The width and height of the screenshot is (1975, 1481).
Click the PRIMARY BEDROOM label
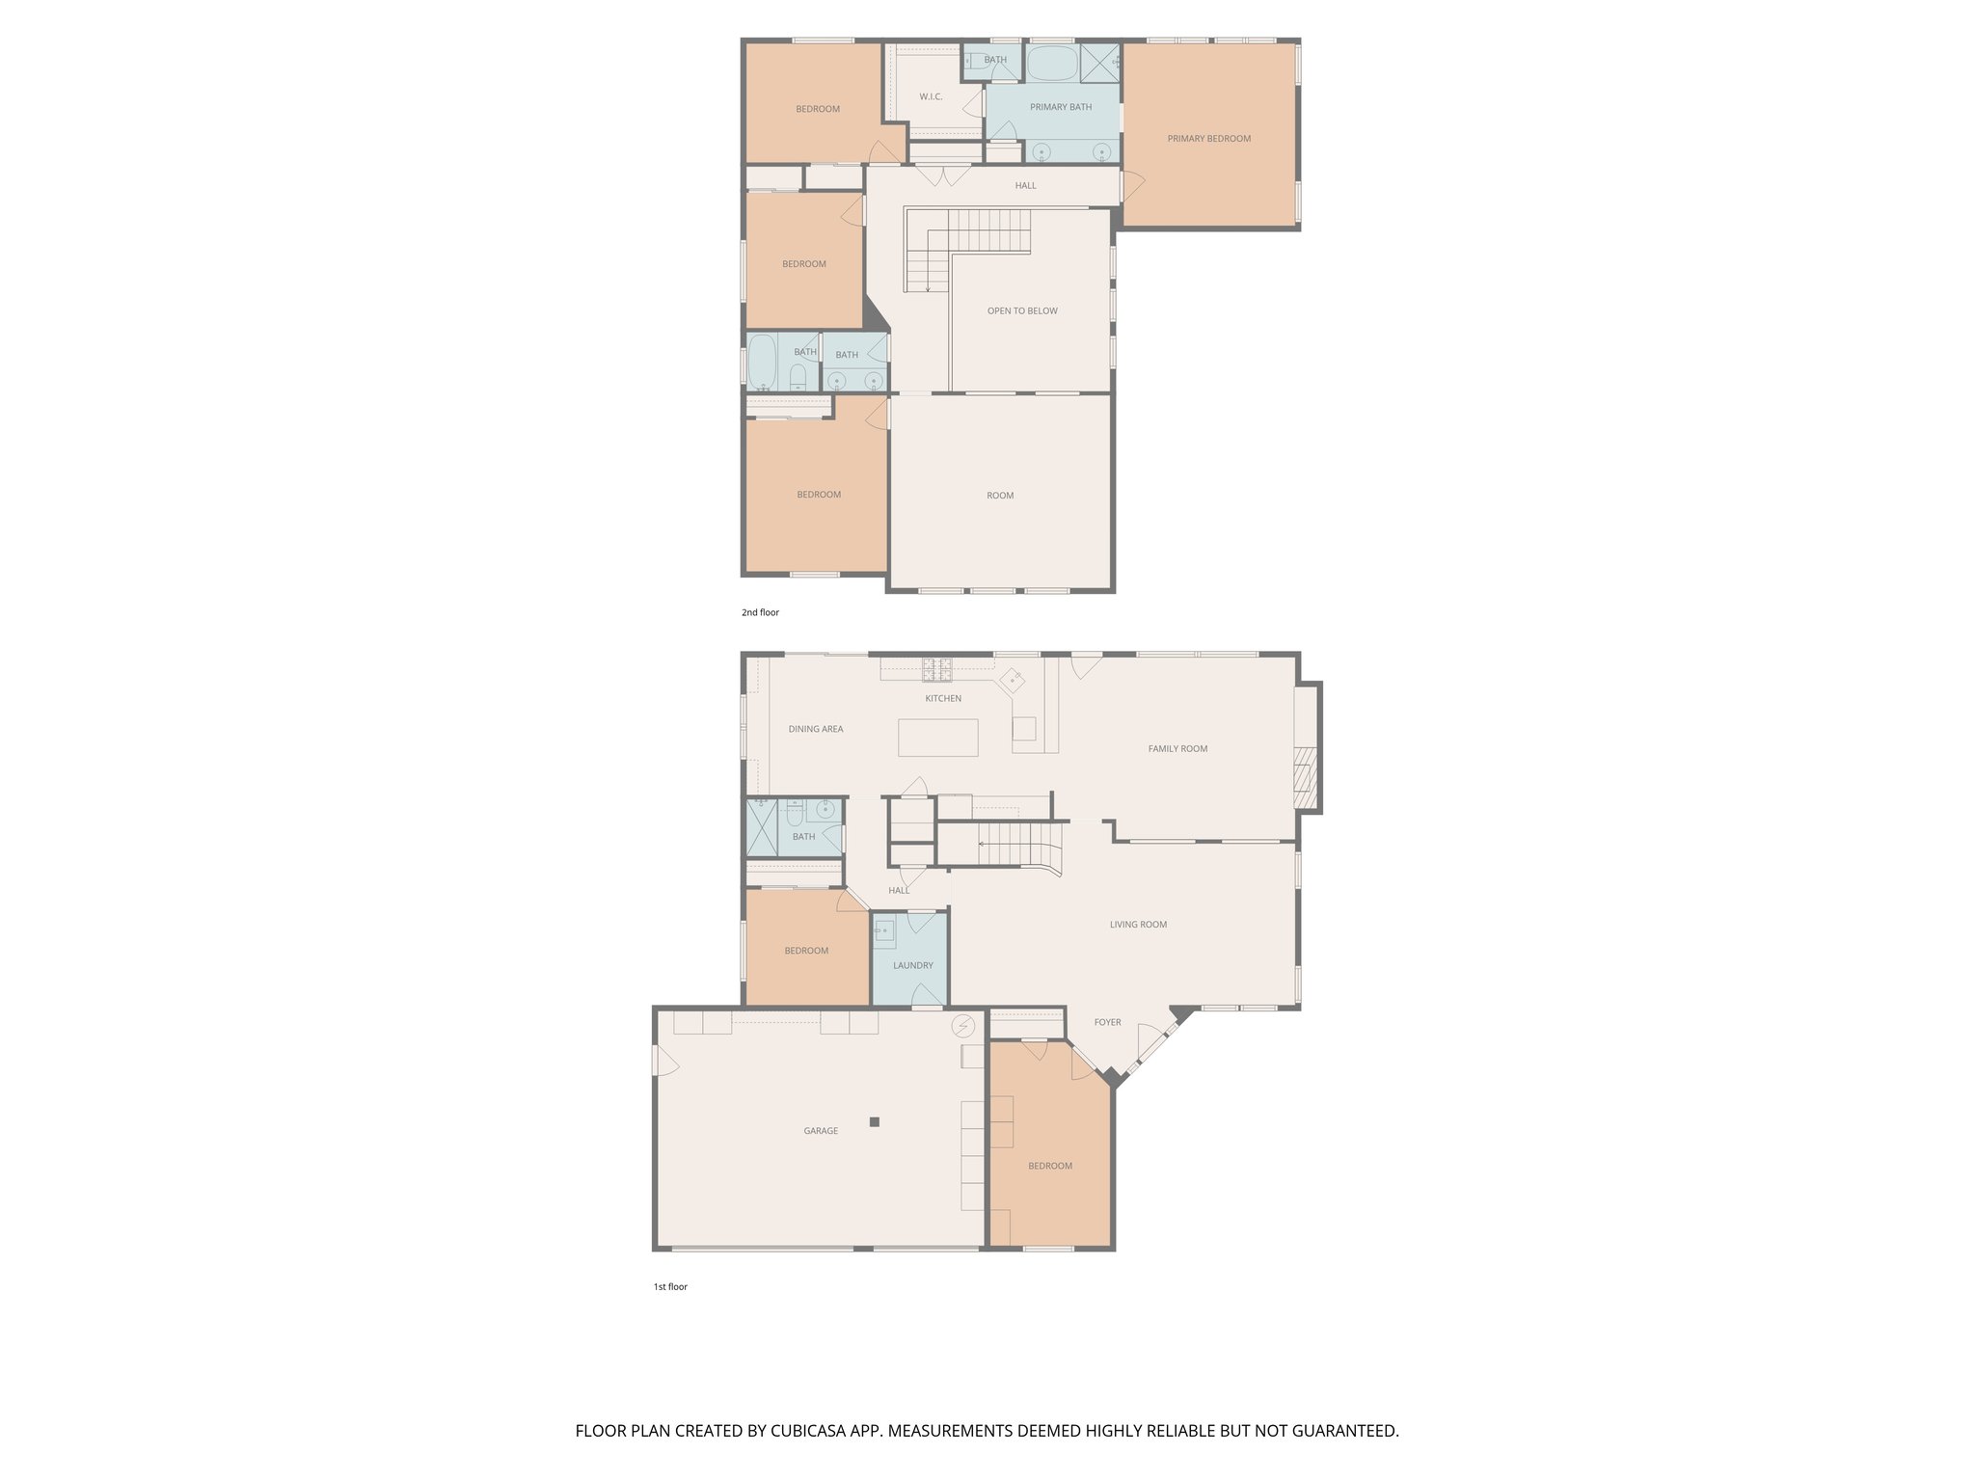(1208, 139)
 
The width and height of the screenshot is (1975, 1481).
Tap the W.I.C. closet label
(931, 97)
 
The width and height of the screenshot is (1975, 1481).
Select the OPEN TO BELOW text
(1022, 311)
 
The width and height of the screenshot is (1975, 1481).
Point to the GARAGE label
(821, 1131)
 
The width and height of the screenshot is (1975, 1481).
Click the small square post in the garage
(875, 1121)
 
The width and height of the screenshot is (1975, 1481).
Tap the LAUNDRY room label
(912, 965)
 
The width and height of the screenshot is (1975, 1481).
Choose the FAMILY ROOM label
(1177, 749)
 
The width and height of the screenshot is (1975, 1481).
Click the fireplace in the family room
(1305, 776)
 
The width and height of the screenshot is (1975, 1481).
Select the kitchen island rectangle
(937, 738)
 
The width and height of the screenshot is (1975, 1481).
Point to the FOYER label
(1107, 1022)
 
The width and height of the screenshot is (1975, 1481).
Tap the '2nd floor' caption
(760, 613)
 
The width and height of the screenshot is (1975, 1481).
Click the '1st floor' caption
(670, 1287)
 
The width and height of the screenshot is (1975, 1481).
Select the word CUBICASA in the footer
(808, 1431)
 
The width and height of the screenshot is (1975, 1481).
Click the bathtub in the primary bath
(1052, 65)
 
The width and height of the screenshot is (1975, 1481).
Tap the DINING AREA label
(816, 730)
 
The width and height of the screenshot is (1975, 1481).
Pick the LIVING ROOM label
(1138, 925)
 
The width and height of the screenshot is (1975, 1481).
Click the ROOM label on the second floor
(1000, 496)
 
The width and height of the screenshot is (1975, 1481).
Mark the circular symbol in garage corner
(962, 1026)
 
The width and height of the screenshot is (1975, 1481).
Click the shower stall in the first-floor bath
(762, 827)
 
